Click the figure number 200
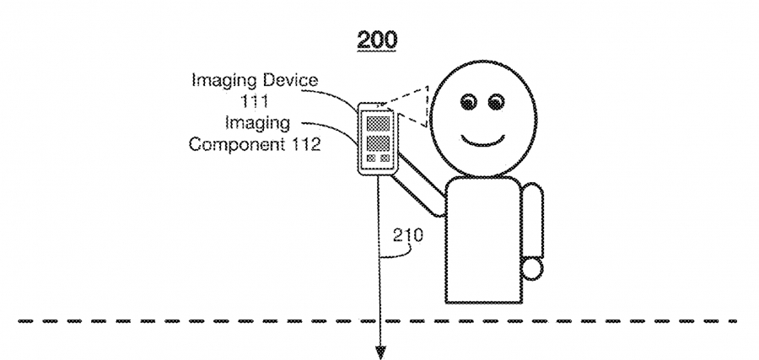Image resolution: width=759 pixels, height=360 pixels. point(377,40)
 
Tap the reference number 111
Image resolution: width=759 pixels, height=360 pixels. point(255,101)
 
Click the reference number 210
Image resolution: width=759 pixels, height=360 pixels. point(407,235)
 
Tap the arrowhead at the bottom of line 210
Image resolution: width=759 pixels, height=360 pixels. point(380,352)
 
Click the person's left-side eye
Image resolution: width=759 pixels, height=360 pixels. point(468,103)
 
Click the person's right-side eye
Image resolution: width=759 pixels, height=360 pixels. point(496,103)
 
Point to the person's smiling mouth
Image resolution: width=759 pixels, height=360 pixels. point(483,142)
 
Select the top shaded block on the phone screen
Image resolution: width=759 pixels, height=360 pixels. point(378,123)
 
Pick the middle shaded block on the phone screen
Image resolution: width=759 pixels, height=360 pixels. point(378,143)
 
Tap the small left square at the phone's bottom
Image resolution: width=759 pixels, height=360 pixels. point(371,159)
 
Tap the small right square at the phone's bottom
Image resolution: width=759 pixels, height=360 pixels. point(385,159)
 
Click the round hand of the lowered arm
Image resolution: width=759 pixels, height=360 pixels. point(531,269)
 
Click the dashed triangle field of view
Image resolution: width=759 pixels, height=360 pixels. point(410,106)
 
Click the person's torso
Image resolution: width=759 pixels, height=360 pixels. point(483,240)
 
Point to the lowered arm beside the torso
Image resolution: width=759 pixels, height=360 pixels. point(533,221)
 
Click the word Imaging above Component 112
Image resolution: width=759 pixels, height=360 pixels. point(257,123)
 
